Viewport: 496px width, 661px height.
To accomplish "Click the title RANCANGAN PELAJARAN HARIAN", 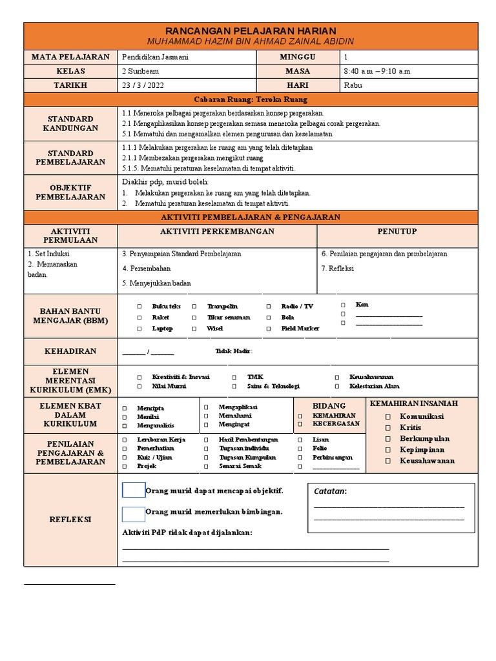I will click(251, 31).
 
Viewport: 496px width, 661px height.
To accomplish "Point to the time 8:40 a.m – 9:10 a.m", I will click(377, 71).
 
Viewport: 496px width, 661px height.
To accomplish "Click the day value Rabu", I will click(353, 85).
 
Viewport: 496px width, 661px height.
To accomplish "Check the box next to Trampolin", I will click(194, 307).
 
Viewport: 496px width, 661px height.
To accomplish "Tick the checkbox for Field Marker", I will click(269, 329).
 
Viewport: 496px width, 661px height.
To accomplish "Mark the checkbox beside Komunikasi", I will click(388, 417).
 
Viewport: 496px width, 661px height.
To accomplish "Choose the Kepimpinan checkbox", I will click(388, 450).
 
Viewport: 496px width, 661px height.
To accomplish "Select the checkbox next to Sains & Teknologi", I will click(234, 387).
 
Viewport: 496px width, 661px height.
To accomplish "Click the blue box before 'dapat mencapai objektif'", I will click(134, 491).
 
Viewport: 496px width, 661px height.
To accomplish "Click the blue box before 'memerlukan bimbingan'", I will click(134, 514).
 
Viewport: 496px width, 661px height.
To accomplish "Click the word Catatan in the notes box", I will click(330, 492).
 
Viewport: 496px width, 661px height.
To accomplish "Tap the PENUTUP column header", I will click(397, 232).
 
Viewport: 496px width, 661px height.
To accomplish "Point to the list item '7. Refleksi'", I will click(338, 269).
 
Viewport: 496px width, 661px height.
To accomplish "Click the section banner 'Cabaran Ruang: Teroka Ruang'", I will click(251, 99).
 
